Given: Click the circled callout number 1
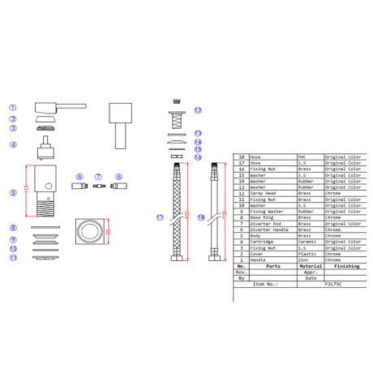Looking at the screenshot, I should [13, 107].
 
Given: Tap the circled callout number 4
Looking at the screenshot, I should [13, 145].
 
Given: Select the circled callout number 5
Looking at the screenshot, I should [13, 193].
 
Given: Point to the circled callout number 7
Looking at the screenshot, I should [97, 176].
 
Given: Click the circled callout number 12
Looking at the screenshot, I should [198, 110].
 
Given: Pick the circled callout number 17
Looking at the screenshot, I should [160, 217].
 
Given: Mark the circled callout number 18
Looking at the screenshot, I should [201, 217].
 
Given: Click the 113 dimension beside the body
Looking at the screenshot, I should [27, 190].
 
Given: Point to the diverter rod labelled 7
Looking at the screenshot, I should [97, 186].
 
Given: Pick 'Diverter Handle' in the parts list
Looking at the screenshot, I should [268, 229].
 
